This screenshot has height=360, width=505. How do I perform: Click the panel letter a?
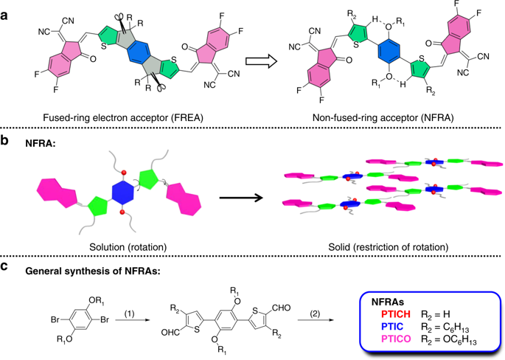pyautogui.click(x=6, y=7)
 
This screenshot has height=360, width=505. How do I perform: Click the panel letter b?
pyautogui.click(x=6, y=140)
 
